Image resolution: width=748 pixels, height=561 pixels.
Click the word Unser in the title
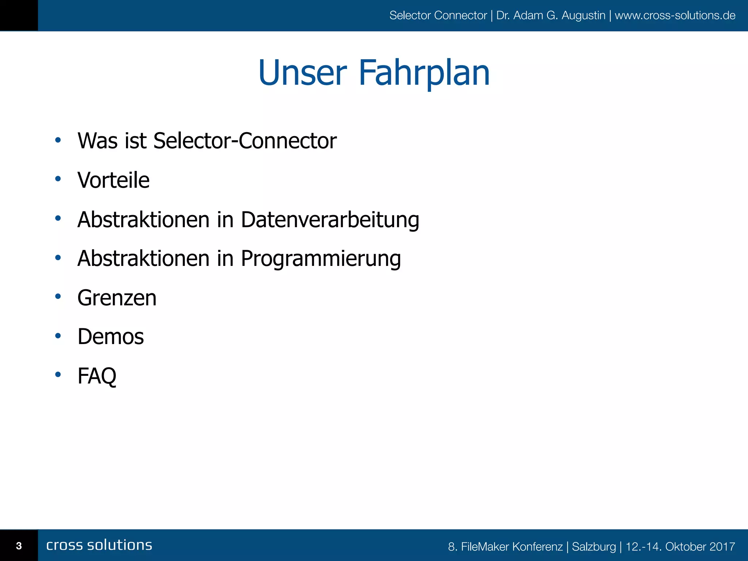302,73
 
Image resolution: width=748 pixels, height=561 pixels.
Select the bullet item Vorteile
114,180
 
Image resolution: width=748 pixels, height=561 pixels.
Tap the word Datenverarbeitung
330,220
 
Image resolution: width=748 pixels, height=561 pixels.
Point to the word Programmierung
321,259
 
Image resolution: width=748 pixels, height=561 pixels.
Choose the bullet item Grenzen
117,298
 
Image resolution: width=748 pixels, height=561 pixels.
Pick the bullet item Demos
111,336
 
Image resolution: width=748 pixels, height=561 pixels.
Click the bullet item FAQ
97,376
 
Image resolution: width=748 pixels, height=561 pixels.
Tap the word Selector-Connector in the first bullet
245,141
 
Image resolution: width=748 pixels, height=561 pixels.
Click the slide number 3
19,546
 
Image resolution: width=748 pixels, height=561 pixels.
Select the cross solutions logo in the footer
99,545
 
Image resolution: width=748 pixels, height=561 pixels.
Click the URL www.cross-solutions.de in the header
675,15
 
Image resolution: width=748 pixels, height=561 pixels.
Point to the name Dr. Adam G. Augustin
551,15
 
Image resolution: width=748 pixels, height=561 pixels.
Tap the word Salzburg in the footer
594,547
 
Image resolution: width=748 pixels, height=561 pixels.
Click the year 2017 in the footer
722,547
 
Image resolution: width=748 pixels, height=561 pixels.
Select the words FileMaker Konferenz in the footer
512,547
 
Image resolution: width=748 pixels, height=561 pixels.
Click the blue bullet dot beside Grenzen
58,297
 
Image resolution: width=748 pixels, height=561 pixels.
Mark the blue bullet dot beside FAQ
58,374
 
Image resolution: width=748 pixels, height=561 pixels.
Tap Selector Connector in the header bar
438,15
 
